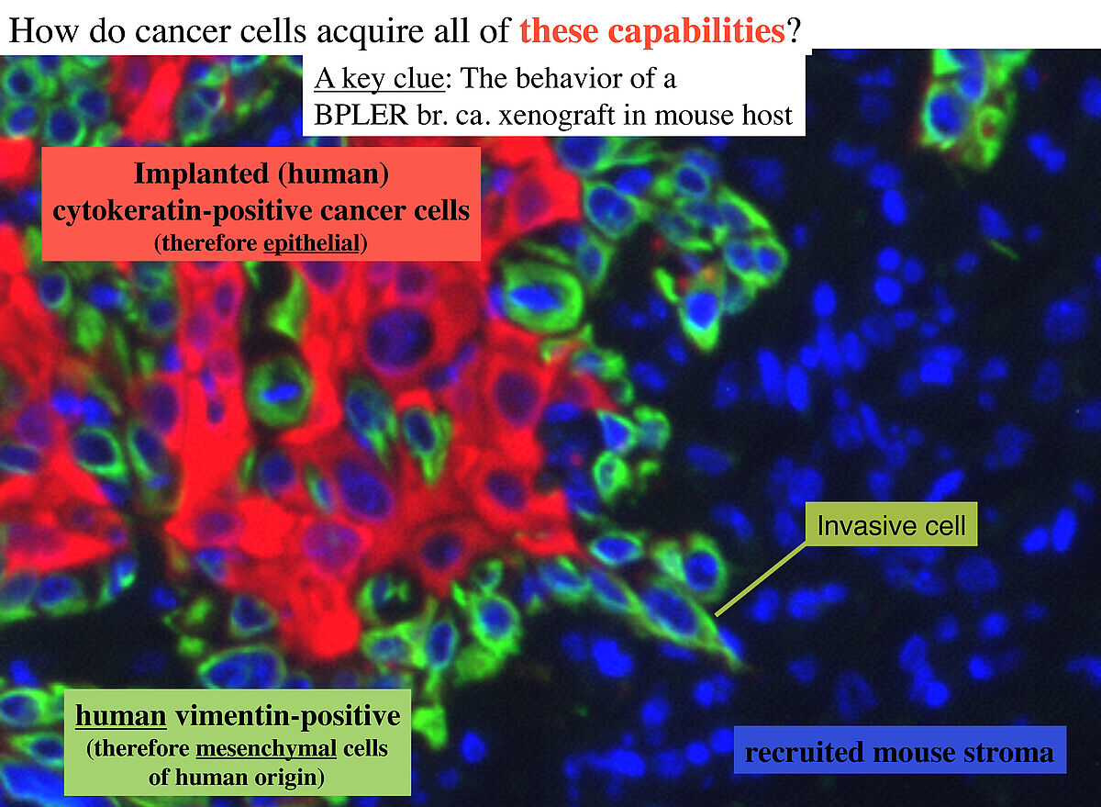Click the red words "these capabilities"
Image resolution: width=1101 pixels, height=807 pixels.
652,31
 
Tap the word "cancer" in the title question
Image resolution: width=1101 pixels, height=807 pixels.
183,31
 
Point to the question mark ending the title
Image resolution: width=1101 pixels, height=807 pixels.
794,30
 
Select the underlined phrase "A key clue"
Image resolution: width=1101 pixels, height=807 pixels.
379,79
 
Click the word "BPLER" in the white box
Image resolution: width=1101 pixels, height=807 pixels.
361,115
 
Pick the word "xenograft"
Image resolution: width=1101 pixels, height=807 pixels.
556,116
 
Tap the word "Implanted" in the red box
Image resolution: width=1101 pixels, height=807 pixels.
202,174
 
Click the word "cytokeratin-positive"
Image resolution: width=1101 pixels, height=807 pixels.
182,211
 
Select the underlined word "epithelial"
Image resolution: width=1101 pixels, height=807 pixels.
312,243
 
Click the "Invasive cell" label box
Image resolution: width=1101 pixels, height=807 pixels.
891,524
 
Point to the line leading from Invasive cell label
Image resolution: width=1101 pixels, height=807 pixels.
761,578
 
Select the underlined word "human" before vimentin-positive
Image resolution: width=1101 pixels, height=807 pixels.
121,715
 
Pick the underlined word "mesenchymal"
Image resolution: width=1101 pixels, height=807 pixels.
266,749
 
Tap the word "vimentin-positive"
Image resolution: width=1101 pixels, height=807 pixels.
288,716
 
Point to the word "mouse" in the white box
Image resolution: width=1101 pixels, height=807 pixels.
695,116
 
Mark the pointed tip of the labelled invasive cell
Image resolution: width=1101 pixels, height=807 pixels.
745,667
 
